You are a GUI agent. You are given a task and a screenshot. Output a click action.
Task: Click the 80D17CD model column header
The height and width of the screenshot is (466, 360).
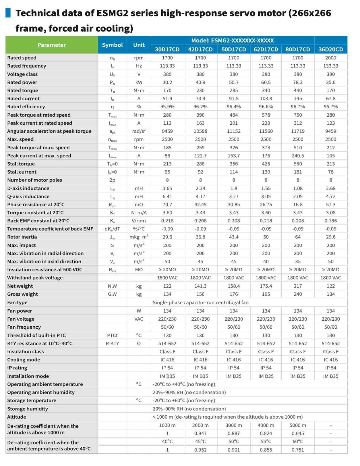(x=298, y=49)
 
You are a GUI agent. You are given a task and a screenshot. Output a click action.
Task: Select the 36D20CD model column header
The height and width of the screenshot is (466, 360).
(x=330, y=49)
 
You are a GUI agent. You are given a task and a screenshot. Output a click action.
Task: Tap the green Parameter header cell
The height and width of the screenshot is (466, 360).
(x=52, y=45)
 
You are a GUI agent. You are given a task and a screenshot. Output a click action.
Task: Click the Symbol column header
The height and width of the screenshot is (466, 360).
(x=112, y=45)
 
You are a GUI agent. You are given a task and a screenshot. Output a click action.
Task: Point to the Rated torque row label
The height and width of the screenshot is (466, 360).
(x=23, y=90)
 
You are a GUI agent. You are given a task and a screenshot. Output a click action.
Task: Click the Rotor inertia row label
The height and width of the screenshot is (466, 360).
(x=22, y=237)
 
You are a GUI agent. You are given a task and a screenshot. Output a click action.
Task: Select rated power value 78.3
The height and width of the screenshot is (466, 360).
(x=298, y=82)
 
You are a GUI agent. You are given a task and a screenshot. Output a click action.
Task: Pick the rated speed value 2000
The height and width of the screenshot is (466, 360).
(x=330, y=58)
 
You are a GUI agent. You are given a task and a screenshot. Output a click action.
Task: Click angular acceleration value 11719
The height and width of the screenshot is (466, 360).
(x=298, y=131)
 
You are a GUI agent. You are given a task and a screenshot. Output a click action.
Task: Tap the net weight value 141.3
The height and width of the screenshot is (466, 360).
(x=200, y=286)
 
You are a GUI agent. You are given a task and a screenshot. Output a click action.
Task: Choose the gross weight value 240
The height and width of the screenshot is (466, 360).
(x=298, y=294)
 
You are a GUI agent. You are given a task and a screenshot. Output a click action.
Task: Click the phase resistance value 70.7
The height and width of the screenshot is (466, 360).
(x=167, y=205)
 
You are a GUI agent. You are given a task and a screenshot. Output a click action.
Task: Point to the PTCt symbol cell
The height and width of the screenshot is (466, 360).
(x=112, y=336)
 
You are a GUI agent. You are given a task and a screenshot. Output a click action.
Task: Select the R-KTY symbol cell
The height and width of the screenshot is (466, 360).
(x=112, y=344)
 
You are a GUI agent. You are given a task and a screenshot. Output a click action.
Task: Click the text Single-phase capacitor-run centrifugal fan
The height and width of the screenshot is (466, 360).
(x=200, y=303)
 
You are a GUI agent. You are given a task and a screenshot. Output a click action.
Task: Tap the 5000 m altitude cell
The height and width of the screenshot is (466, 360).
(x=298, y=425)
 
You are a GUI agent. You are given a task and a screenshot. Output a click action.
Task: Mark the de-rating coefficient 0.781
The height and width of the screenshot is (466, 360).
(x=298, y=450)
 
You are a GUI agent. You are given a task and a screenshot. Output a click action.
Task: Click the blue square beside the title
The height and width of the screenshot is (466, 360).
(x=8, y=13)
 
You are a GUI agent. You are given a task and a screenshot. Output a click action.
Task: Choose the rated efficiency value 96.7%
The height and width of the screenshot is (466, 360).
(x=298, y=107)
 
